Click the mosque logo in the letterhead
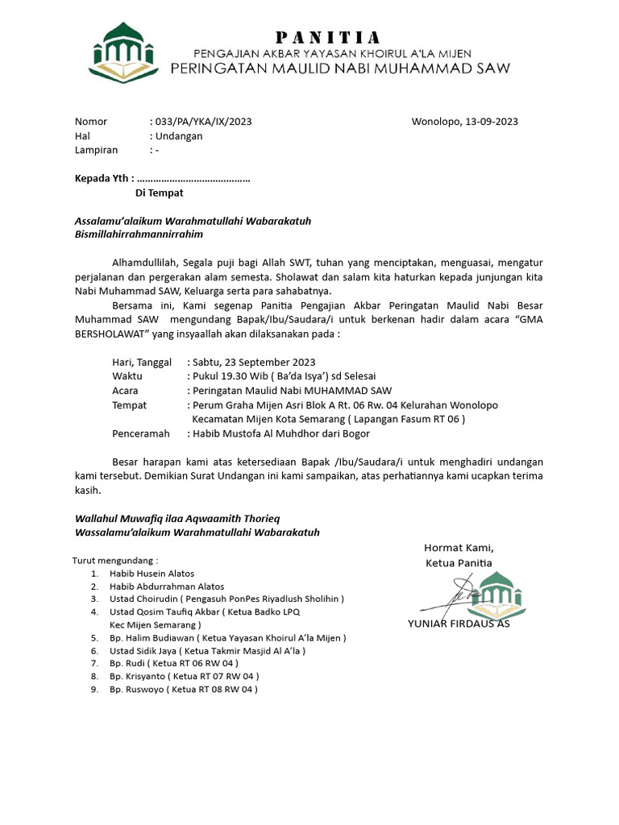tap(128, 53)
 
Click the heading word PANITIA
tap(328, 37)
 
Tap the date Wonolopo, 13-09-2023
tap(464, 122)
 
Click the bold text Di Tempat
tap(159, 193)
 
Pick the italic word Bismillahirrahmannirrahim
tap(139, 234)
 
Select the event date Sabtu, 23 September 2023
tap(254, 362)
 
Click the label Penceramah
tap(140, 433)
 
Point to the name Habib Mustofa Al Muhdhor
tap(256, 433)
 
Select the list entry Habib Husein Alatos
tap(152, 574)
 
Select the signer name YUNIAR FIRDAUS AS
tap(459, 623)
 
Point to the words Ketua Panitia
tap(459, 562)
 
